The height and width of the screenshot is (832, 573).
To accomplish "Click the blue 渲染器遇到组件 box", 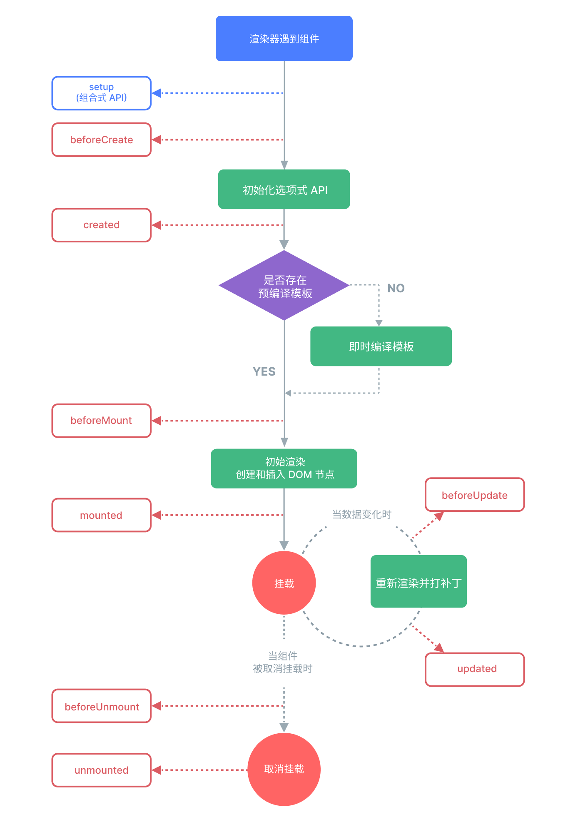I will click(284, 39).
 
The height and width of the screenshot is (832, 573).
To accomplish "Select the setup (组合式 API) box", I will click(102, 93).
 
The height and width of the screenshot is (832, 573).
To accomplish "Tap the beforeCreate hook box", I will click(102, 140).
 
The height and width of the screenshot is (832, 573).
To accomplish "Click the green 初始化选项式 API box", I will click(284, 189).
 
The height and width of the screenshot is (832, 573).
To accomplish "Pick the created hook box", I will click(102, 225).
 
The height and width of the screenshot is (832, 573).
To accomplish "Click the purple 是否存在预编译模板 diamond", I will click(284, 286).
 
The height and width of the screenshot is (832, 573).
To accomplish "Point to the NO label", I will click(396, 288).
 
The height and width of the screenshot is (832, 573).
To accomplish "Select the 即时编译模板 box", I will click(381, 346).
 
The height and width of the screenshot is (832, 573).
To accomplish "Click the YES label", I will click(264, 371).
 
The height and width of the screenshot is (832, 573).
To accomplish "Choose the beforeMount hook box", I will click(102, 421).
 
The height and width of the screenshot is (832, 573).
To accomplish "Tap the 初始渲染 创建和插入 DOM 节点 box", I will click(284, 468).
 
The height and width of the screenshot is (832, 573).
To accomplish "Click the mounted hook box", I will click(102, 515).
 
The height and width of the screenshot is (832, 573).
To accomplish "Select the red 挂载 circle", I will click(284, 583).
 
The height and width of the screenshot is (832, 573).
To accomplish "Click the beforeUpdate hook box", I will click(475, 495).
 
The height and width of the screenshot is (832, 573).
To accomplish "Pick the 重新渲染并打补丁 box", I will click(419, 582).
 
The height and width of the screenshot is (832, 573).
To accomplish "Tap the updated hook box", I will click(475, 669).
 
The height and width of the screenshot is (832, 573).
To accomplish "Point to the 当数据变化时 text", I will click(361, 515).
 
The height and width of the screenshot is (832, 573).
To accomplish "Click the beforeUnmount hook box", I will click(102, 706).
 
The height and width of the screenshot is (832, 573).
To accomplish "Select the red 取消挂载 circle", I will click(284, 769).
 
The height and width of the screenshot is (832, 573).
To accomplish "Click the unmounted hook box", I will click(102, 770).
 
